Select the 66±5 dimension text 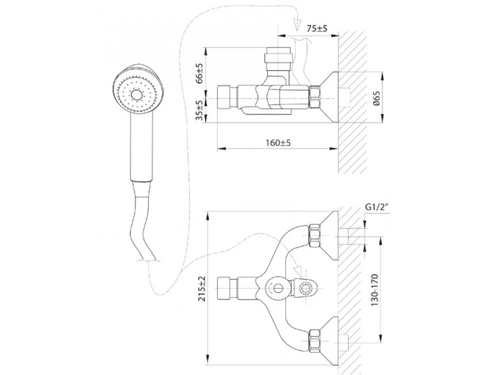[199, 73]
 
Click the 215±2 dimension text [201, 288]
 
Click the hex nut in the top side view [316, 97]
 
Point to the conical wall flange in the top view [329, 97]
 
